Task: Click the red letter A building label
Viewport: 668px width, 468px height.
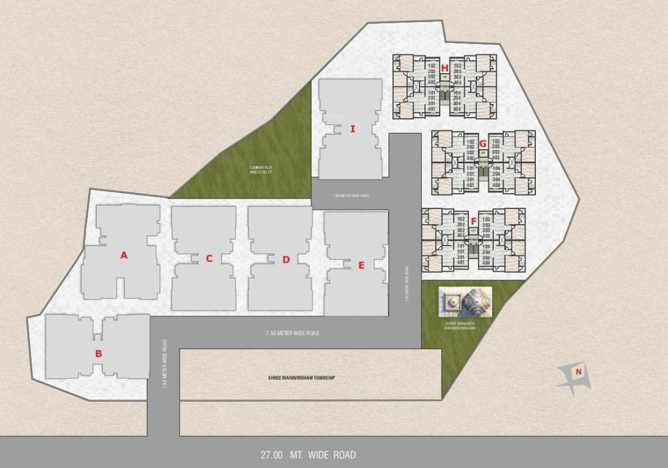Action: (124, 255)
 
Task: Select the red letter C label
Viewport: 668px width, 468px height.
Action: (209, 258)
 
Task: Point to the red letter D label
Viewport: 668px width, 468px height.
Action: (286, 260)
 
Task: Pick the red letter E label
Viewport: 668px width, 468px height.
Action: (361, 265)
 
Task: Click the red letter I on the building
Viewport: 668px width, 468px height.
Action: (353, 129)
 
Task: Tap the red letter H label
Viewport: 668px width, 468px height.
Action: (445, 68)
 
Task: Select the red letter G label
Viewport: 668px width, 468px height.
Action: (483, 144)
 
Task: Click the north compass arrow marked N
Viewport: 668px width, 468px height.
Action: (575, 374)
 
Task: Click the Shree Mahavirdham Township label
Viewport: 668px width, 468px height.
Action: (301, 378)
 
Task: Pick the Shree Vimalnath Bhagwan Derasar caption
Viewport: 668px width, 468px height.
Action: (460, 325)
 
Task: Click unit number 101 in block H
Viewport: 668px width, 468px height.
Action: (432, 93)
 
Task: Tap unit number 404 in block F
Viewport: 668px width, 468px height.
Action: (486, 262)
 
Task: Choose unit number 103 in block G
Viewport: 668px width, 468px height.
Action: (495, 141)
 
